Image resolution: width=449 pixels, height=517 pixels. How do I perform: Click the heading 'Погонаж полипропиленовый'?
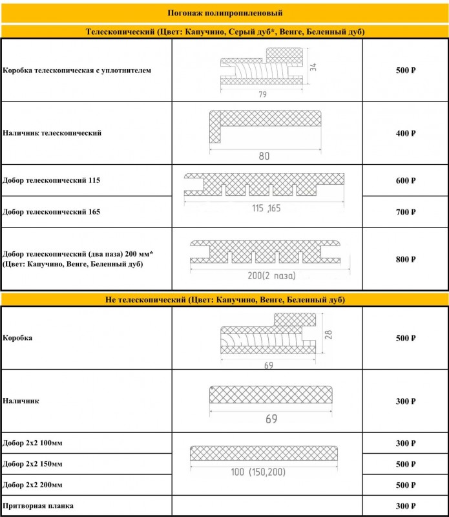[224, 13]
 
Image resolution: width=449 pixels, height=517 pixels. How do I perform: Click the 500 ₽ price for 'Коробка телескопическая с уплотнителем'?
[405, 70]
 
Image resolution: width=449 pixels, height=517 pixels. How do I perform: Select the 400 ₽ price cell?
[405, 134]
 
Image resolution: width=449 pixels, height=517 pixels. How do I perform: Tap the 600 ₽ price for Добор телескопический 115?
[405, 181]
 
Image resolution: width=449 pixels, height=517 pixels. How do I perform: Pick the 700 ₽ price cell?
[405, 212]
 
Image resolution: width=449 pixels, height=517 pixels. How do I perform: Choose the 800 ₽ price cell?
[405, 259]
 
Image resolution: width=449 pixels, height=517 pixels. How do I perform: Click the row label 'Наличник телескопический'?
[52, 133]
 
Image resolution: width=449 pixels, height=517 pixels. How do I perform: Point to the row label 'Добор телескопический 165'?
[51, 212]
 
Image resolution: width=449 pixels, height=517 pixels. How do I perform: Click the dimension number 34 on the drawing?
[313, 67]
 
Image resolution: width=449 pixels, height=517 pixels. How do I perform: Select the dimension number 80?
[264, 156]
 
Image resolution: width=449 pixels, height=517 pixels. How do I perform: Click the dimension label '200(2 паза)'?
[271, 276]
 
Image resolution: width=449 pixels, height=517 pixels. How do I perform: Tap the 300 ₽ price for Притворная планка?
[405, 506]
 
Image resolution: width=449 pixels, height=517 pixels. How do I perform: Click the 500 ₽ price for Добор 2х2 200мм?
[405, 485]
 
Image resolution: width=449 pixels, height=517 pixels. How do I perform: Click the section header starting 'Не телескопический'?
[224, 300]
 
